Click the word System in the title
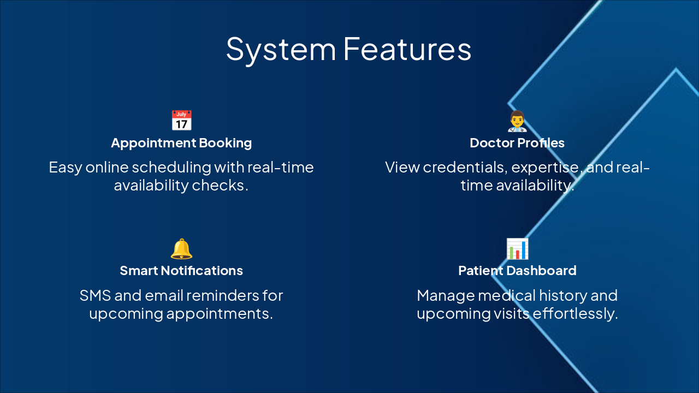click(x=281, y=49)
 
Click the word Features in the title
click(x=407, y=49)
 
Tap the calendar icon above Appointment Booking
click(x=181, y=121)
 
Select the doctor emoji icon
click(x=517, y=121)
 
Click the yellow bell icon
click(x=181, y=249)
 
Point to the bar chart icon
click(x=517, y=249)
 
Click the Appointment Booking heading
click(x=181, y=143)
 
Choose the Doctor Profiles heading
click(x=517, y=143)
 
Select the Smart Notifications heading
click(x=181, y=271)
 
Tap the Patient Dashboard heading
click(x=517, y=271)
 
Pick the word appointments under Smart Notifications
click(x=219, y=314)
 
